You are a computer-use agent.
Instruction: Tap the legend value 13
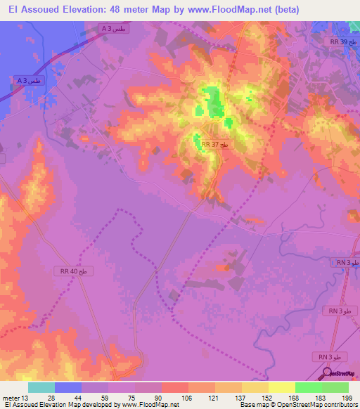26,397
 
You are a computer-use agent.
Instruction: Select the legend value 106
186,397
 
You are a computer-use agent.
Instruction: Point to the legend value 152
266,397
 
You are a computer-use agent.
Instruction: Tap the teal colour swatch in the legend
41,387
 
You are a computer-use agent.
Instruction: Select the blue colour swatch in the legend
67,387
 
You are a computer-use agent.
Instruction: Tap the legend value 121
212,397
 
